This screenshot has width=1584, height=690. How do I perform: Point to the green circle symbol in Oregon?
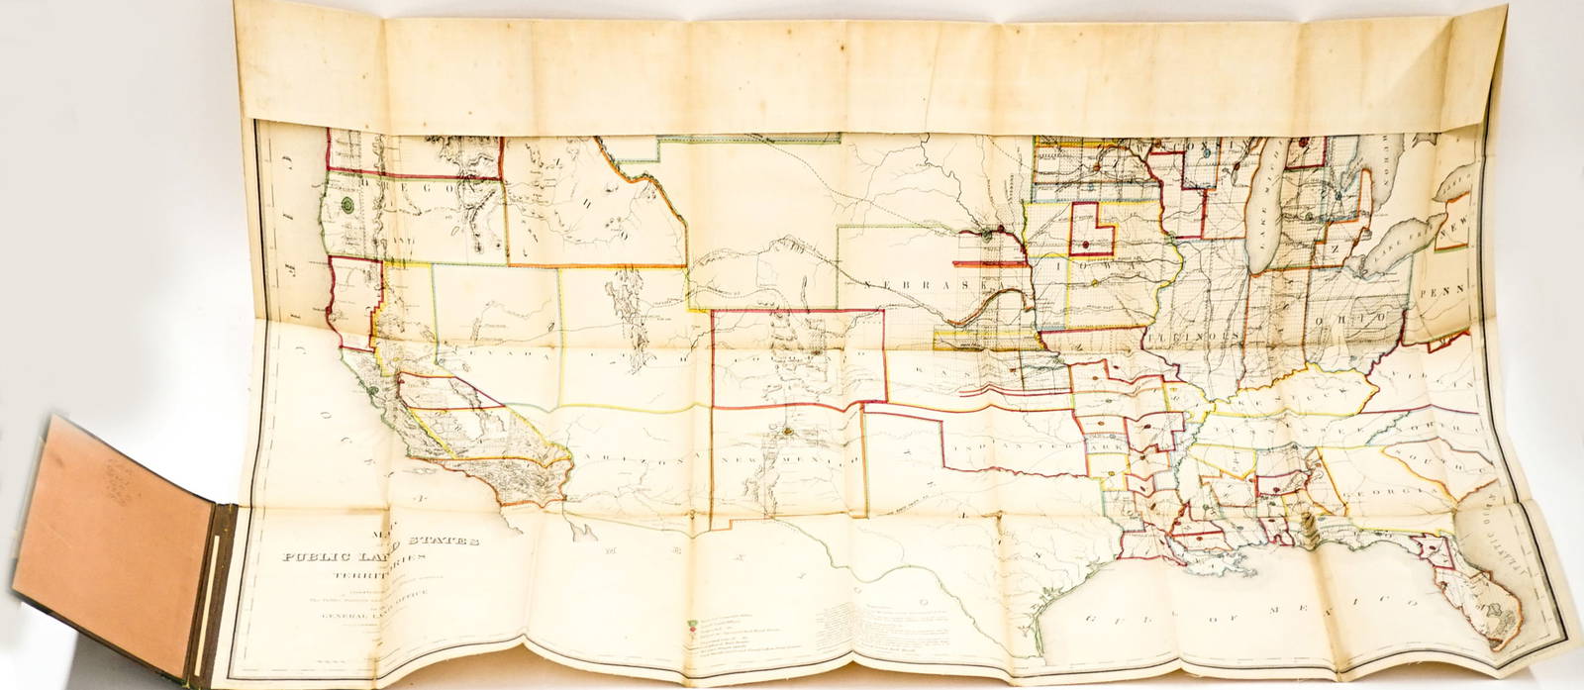point(347,206)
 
